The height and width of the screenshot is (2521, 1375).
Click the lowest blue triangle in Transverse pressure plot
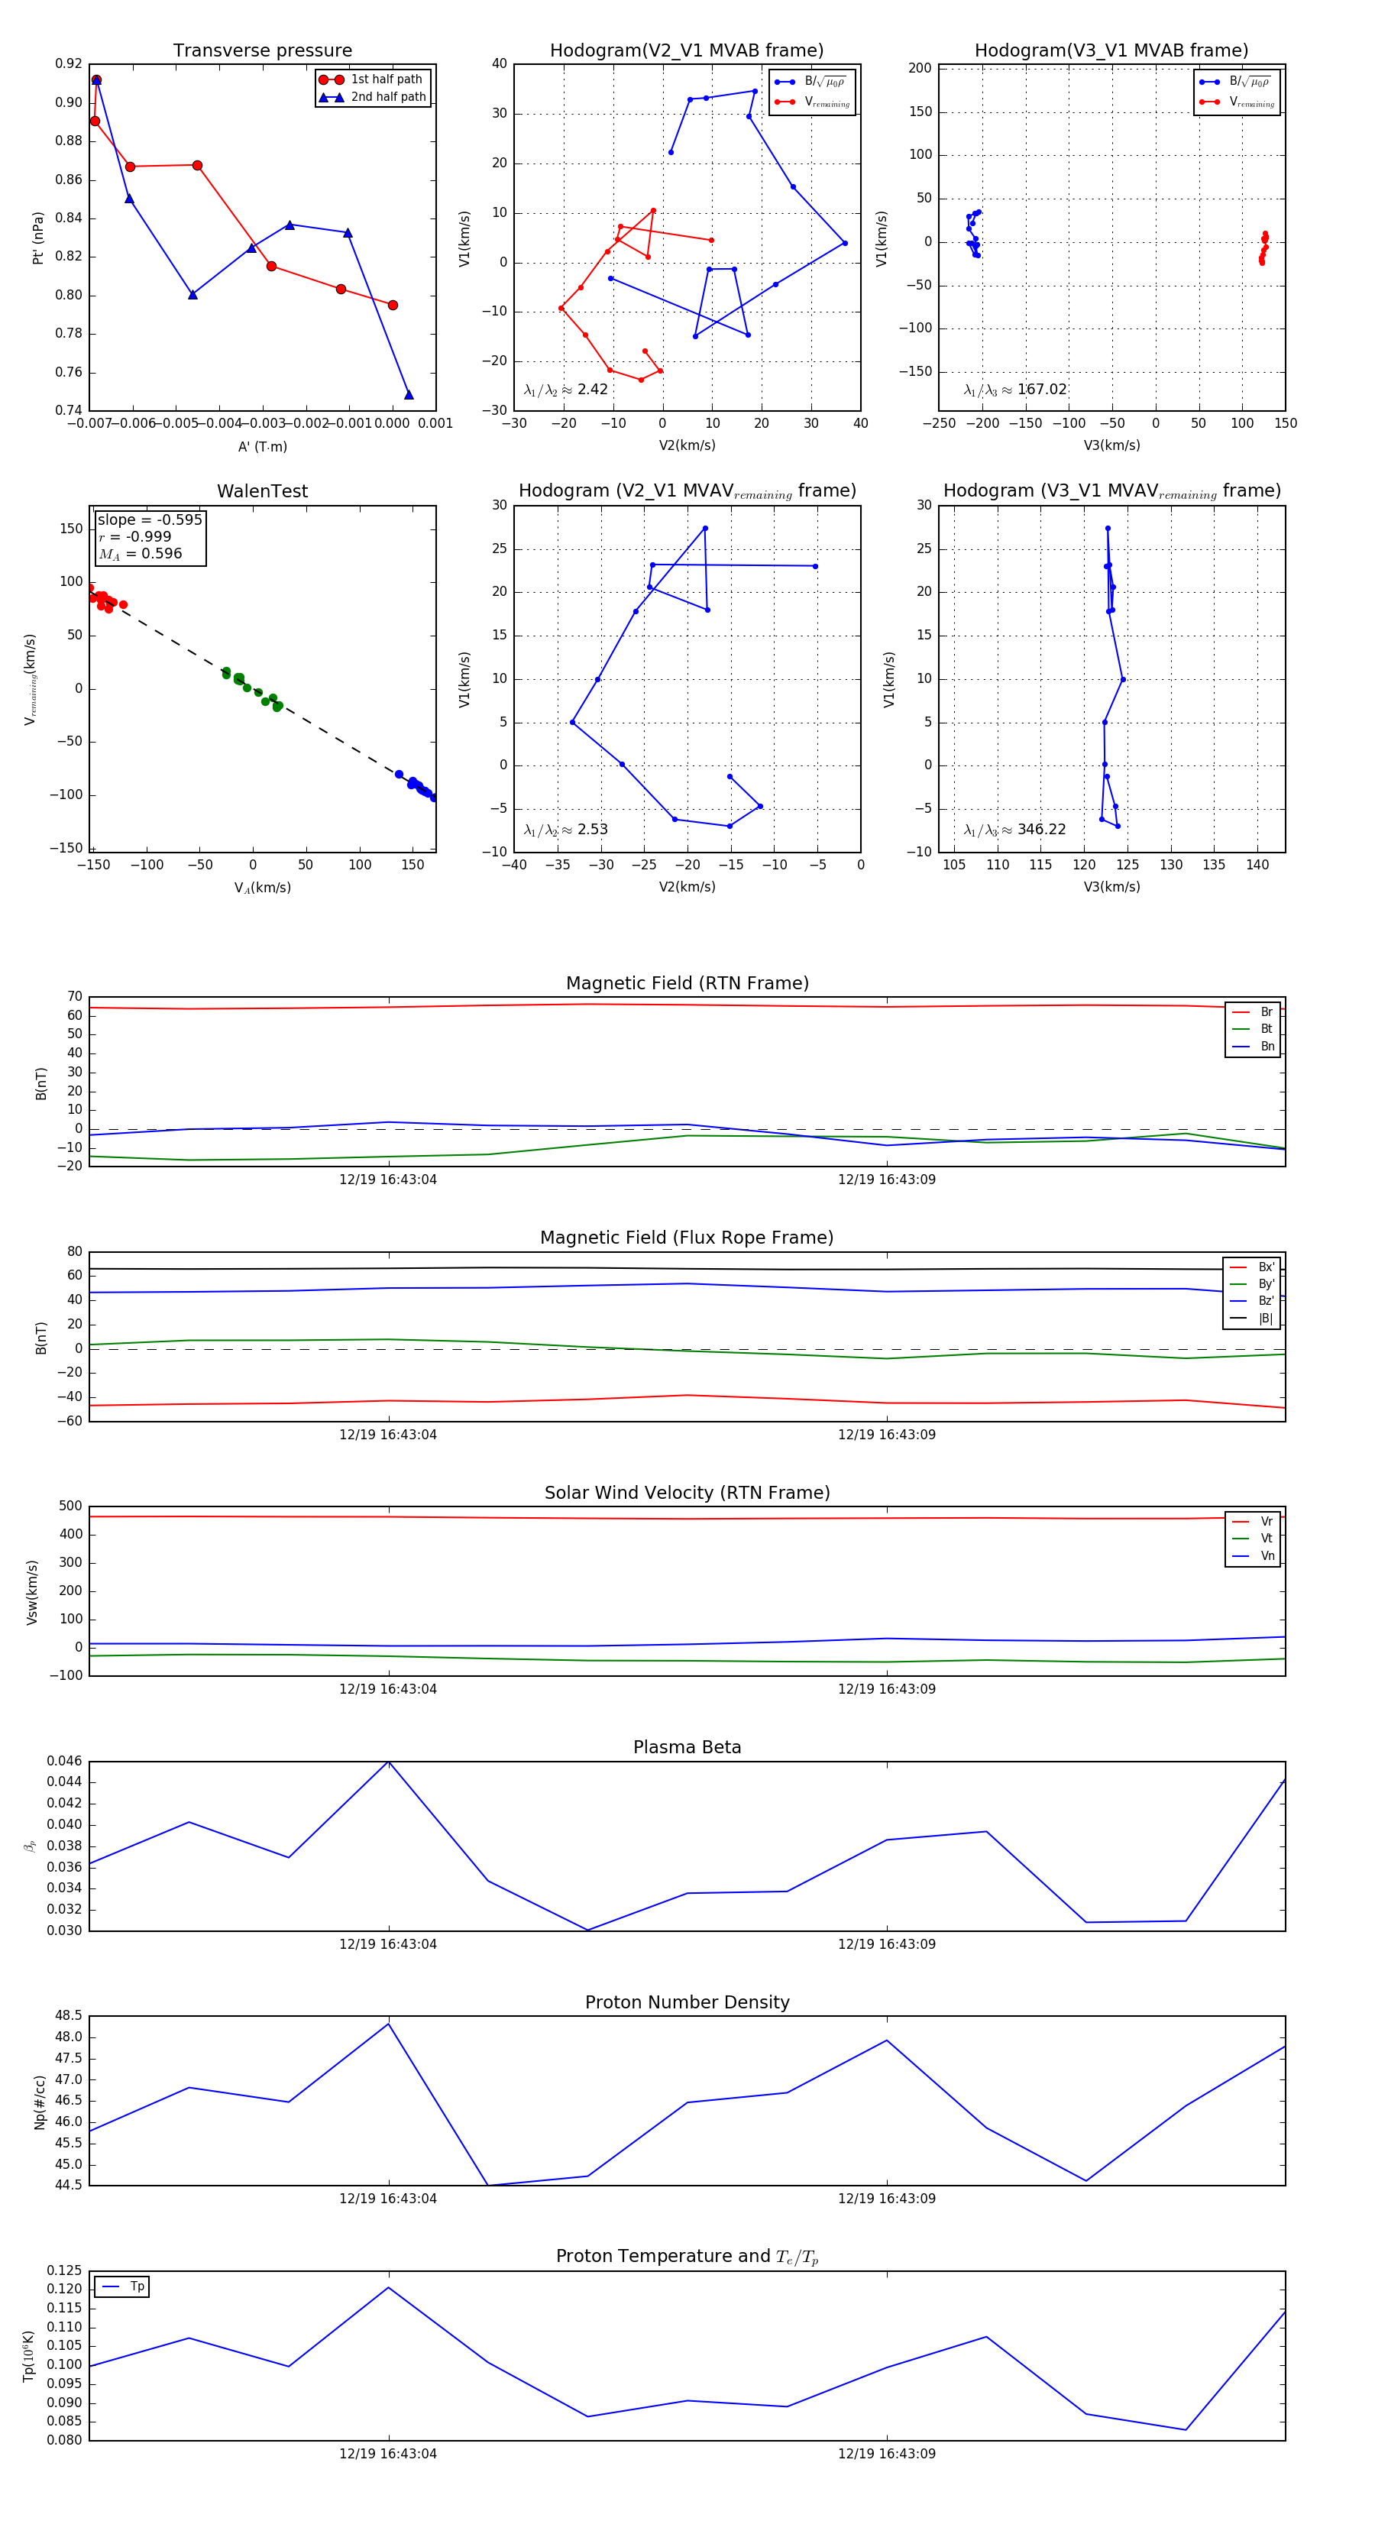[x=409, y=394]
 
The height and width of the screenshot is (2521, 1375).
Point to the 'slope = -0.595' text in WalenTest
[x=150, y=519]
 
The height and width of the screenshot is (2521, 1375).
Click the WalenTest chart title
[x=262, y=491]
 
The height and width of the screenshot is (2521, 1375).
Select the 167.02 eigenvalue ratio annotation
[x=1041, y=390]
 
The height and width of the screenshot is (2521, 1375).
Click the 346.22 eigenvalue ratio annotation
[x=1041, y=830]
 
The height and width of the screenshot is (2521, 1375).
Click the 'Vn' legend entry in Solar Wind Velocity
[x=1267, y=1556]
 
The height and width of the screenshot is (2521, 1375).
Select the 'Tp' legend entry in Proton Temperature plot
[x=137, y=2286]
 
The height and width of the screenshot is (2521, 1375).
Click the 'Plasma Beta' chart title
[x=687, y=1747]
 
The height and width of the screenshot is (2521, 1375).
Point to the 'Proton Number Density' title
[x=687, y=2002]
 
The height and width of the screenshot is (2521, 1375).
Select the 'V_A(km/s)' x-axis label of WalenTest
[x=262, y=888]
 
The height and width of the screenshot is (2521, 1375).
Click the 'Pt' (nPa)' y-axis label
[x=38, y=238]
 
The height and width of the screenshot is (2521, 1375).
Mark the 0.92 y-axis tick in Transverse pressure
[x=69, y=63]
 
